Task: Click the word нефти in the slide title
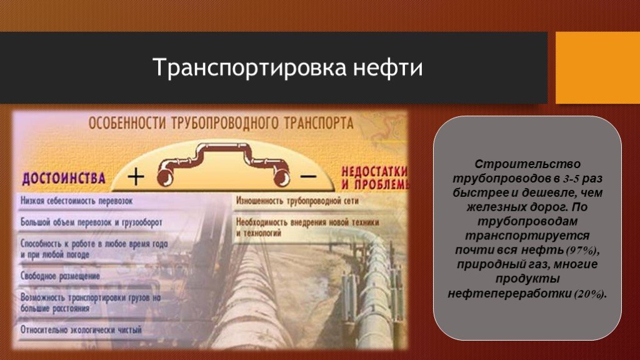(x=387, y=67)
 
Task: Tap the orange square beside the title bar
(x=598, y=67)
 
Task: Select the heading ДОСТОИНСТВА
(x=63, y=178)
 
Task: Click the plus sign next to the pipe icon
(x=136, y=177)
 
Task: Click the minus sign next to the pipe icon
(x=309, y=176)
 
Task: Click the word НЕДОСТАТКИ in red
(x=374, y=171)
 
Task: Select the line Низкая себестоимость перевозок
(x=77, y=201)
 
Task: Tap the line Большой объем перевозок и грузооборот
(x=91, y=222)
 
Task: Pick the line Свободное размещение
(x=61, y=276)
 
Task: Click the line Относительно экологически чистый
(x=81, y=329)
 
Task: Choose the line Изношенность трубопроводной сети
(x=297, y=201)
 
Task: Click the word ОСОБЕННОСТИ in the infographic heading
(x=127, y=123)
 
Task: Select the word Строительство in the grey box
(x=527, y=164)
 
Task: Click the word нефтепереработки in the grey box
(x=510, y=294)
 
